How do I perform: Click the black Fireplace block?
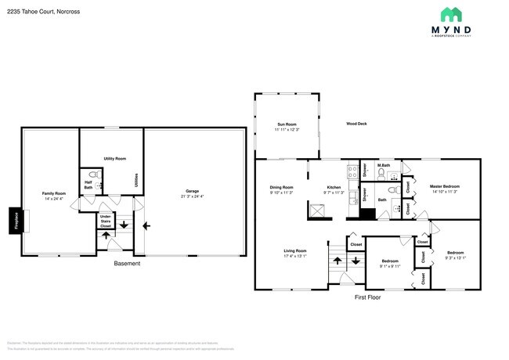pos(14,221)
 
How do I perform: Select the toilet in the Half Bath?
pos(92,175)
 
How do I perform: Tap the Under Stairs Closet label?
pos(105,221)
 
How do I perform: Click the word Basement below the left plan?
pos(127,264)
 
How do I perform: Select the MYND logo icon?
pos(450,14)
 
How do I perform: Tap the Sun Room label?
pos(287,124)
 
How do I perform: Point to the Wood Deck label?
pos(358,124)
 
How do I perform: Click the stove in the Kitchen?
pos(319,210)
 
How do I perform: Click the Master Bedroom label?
pos(444,186)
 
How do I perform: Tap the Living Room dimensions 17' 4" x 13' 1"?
pos(295,255)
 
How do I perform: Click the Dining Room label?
pos(281,187)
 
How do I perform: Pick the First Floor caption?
pos(366,298)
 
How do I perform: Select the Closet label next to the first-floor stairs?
pos(356,245)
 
